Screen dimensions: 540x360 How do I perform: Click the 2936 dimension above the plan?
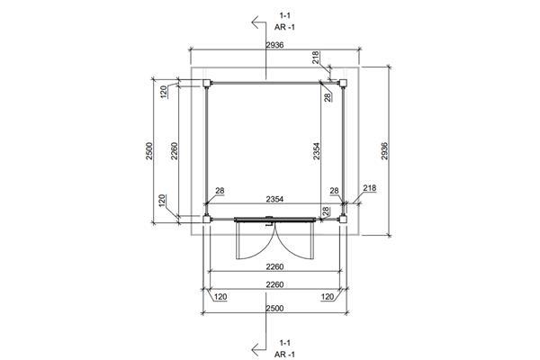pyautogui.click(x=274, y=45)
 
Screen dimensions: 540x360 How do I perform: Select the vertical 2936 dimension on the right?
pyautogui.click(x=384, y=151)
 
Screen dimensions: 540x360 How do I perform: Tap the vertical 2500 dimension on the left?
pyautogui.click(x=148, y=151)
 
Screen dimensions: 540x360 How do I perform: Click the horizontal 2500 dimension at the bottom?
pyautogui.click(x=274, y=308)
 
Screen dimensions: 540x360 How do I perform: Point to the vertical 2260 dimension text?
pyautogui.click(x=175, y=151)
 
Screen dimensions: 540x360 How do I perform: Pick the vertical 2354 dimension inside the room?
pyautogui.click(x=316, y=151)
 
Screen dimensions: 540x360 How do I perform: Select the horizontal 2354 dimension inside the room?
pyautogui.click(x=274, y=199)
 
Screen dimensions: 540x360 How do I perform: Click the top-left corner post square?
pyautogui.click(x=207, y=83)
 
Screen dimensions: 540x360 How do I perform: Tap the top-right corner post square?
pyautogui.click(x=343, y=83)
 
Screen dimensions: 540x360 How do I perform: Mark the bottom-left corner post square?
pyautogui.click(x=207, y=219)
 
